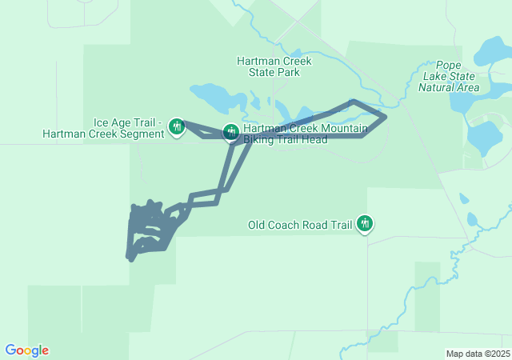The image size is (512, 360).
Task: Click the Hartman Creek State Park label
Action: (274, 66)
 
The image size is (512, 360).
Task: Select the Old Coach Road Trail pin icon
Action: (365, 223)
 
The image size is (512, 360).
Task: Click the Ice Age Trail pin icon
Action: (177, 126)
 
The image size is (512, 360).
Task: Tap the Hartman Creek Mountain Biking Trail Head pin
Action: (230, 131)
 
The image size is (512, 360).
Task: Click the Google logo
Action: (27, 350)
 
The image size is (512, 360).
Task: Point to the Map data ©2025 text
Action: (478, 354)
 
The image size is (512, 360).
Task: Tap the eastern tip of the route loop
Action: (386, 118)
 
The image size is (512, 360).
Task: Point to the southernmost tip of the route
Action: (129, 258)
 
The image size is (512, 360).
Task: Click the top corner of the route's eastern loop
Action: (353, 102)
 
